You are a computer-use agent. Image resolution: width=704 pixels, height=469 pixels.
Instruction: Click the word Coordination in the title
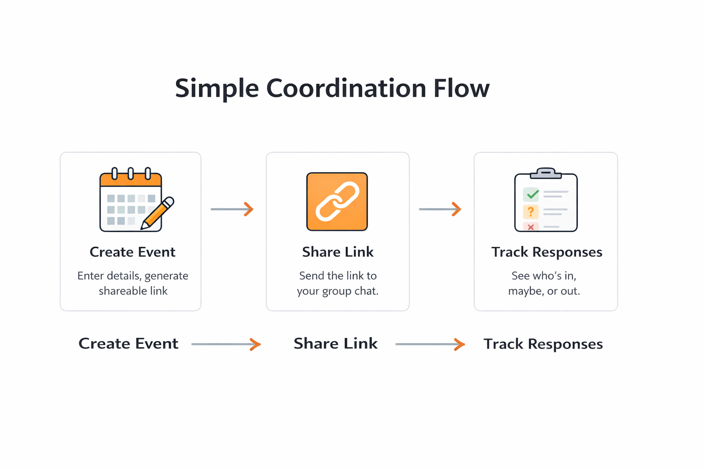tap(346, 88)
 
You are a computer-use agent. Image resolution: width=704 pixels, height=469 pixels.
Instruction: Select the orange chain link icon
tap(337, 202)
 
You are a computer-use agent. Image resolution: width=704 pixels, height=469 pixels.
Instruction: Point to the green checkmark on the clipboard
tap(532, 195)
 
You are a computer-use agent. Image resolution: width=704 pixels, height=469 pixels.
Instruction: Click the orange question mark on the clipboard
tap(531, 212)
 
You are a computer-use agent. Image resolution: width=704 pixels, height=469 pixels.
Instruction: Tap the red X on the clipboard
tap(531, 227)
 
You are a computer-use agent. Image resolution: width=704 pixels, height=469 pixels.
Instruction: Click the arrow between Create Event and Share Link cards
tap(232, 209)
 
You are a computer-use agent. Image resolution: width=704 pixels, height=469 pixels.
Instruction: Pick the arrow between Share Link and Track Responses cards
tap(440, 209)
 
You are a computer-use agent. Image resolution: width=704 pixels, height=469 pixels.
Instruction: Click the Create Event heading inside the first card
tap(132, 252)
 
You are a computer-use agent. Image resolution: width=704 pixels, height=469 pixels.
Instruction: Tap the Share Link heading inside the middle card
tap(338, 252)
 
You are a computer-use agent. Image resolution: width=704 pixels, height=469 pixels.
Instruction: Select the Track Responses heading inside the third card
tap(547, 252)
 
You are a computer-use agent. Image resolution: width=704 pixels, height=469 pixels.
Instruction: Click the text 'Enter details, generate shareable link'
tap(133, 283)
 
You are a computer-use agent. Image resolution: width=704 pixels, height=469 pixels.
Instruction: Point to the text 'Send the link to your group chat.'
tap(338, 283)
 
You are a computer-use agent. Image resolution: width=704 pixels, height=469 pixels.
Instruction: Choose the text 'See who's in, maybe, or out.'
tap(544, 283)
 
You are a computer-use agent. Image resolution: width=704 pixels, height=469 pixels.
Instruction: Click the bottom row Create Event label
tap(128, 344)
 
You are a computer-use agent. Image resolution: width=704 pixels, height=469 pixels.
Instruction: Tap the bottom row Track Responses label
tap(543, 344)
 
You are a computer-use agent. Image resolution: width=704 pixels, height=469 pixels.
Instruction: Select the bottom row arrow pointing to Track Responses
tap(430, 344)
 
